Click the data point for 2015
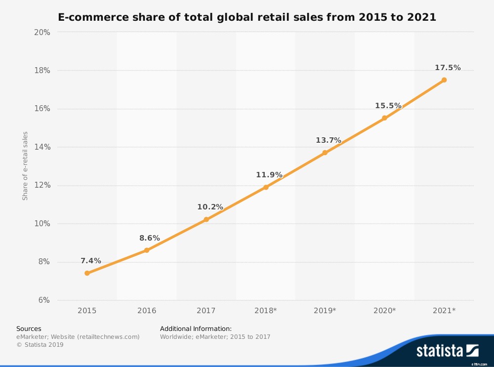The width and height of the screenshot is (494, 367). coord(87,273)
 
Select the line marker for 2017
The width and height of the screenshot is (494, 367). coord(206,219)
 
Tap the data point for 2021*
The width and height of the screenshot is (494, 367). coord(444,80)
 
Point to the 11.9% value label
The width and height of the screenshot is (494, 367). coord(269,175)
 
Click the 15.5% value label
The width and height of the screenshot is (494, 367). coord(388,106)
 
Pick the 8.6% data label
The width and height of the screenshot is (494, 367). coord(149,238)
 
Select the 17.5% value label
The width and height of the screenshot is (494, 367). coord(448,68)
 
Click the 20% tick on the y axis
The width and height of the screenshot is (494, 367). coord(42,33)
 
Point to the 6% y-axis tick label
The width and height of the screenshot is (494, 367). coord(43,300)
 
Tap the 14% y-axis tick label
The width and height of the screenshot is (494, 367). coord(42,147)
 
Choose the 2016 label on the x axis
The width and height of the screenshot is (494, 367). coord(147,311)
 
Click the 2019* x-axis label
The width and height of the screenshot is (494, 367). coord(325,311)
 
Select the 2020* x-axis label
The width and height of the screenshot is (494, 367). coord(384,311)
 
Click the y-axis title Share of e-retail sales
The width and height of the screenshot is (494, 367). coord(25,166)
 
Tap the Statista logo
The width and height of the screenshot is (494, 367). coord(447,351)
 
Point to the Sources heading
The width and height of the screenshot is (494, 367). coord(29,328)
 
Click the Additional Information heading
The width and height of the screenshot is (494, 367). coord(196,328)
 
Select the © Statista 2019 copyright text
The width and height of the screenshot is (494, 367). coord(40,345)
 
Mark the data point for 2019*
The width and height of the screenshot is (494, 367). coord(325,153)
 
